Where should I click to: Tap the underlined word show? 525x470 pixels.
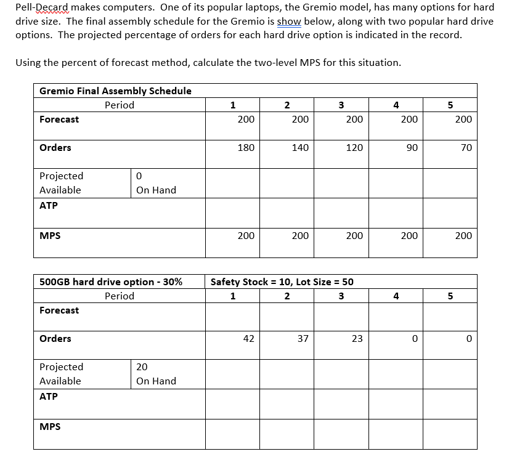pos(289,21)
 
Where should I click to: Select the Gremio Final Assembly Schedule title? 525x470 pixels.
pos(115,91)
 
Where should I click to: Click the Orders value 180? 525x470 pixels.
pos(246,148)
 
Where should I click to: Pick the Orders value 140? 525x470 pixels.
pos(300,148)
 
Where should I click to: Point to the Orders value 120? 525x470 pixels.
pos(354,148)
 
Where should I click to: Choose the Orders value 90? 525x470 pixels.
pos(412,148)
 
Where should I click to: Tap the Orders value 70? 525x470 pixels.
pos(466,148)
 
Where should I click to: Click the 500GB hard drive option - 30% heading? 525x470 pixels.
pos(111,282)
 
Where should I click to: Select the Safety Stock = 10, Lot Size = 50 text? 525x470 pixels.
pos(282,282)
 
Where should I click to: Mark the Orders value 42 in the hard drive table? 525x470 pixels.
pos(248,339)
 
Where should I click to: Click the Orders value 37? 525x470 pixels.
pos(303,339)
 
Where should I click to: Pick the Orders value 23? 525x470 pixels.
pos(357,339)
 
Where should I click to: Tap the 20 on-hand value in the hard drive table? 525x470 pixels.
pos(142,367)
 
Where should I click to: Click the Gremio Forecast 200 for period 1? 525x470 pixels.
pos(246,120)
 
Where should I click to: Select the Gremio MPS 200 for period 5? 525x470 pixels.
pos(463,236)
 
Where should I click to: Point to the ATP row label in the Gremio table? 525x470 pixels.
pos(49,206)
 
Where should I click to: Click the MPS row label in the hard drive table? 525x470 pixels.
pos(50,426)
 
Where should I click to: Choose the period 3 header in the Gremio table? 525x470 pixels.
pos(341,105)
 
